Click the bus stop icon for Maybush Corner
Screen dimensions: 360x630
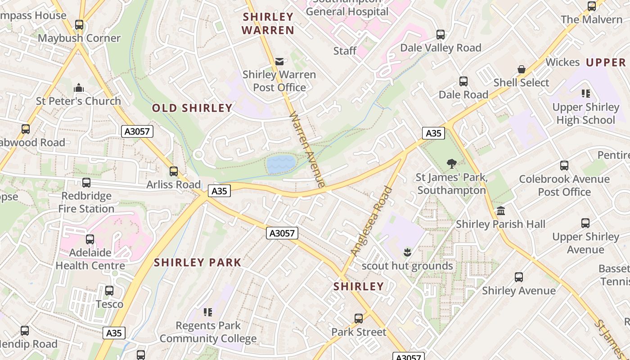click(x=79, y=25)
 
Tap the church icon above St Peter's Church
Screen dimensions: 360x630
click(x=79, y=87)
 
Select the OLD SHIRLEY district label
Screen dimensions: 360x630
click(x=192, y=108)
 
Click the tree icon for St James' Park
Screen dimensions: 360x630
click(x=451, y=164)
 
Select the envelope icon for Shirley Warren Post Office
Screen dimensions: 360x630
click(x=279, y=62)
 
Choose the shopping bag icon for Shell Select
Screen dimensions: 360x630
click(x=521, y=69)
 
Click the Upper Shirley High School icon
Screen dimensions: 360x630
click(x=585, y=94)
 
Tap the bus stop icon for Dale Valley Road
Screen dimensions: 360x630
click(x=441, y=35)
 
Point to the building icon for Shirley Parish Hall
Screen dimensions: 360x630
click(x=500, y=211)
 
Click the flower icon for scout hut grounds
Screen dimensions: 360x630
click(x=408, y=252)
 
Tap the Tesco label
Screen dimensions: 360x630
click(x=109, y=304)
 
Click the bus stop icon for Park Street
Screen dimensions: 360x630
click(x=359, y=319)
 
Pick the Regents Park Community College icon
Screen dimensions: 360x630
click(x=207, y=312)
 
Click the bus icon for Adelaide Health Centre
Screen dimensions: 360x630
click(x=90, y=239)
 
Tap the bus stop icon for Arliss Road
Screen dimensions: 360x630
click(x=174, y=171)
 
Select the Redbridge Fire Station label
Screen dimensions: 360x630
click(x=86, y=202)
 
